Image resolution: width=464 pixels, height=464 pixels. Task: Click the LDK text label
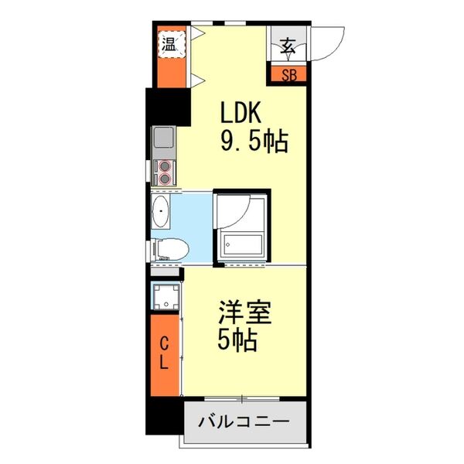[x=241, y=114]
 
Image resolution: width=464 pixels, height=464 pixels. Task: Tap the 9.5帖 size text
[x=254, y=141]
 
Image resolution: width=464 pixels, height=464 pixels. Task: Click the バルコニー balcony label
[x=244, y=422]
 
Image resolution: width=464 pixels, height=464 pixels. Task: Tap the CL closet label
[x=165, y=353]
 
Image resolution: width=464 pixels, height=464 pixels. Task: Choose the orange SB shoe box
[x=288, y=75]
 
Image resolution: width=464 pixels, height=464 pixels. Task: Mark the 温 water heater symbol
[x=169, y=43]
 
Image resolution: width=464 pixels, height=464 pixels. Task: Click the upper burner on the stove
[x=164, y=165]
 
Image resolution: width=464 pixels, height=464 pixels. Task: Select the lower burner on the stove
[x=164, y=179]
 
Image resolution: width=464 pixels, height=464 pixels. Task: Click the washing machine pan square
[x=165, y=297]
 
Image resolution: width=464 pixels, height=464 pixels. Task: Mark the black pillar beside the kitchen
[x=168, y=107]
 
